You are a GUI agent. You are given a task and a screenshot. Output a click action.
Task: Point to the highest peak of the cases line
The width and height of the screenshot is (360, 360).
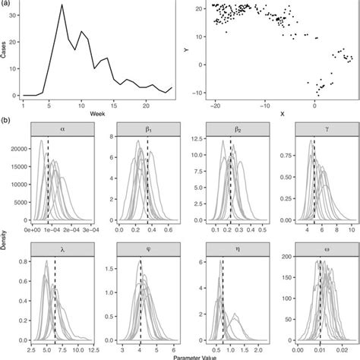pyautogui.click(x=62, y=13)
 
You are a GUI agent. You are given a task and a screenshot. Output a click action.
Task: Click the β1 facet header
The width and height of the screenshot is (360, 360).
pyautogui.click(x=147, y=129)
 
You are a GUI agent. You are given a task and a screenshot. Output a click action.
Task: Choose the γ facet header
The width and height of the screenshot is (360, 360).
pyautogui.click(x=315, y=129)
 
